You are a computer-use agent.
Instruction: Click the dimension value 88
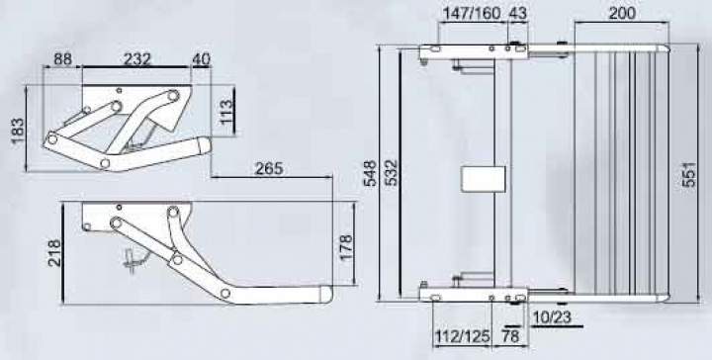click(62, 60)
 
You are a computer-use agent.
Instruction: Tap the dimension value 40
click(201, 59)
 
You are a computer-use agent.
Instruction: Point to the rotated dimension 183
click(18, 132)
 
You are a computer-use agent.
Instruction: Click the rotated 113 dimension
click(225, 112)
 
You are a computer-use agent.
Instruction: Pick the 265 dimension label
click(269, 169)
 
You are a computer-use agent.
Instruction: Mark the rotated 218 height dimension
click(54, 253)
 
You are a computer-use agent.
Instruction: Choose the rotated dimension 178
click(346, 247)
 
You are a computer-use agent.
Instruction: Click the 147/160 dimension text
click(472, 13)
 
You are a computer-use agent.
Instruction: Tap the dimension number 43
click(517, 13)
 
